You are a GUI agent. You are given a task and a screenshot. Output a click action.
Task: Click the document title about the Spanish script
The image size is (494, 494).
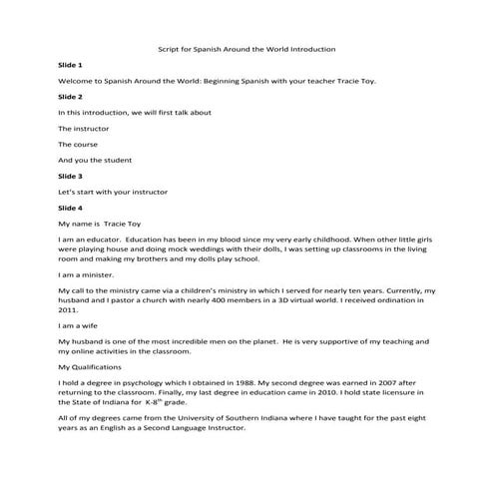[x=247, y=48]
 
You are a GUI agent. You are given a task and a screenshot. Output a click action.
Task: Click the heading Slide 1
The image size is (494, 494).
[x=71, y=64]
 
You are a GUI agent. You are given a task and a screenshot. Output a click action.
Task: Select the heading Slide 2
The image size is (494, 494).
[x=71, y=97]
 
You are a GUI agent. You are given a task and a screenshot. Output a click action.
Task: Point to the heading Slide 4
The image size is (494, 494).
[x=71, y=209]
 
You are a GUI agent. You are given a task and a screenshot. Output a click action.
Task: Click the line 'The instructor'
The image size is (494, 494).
[x=84, y=129]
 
